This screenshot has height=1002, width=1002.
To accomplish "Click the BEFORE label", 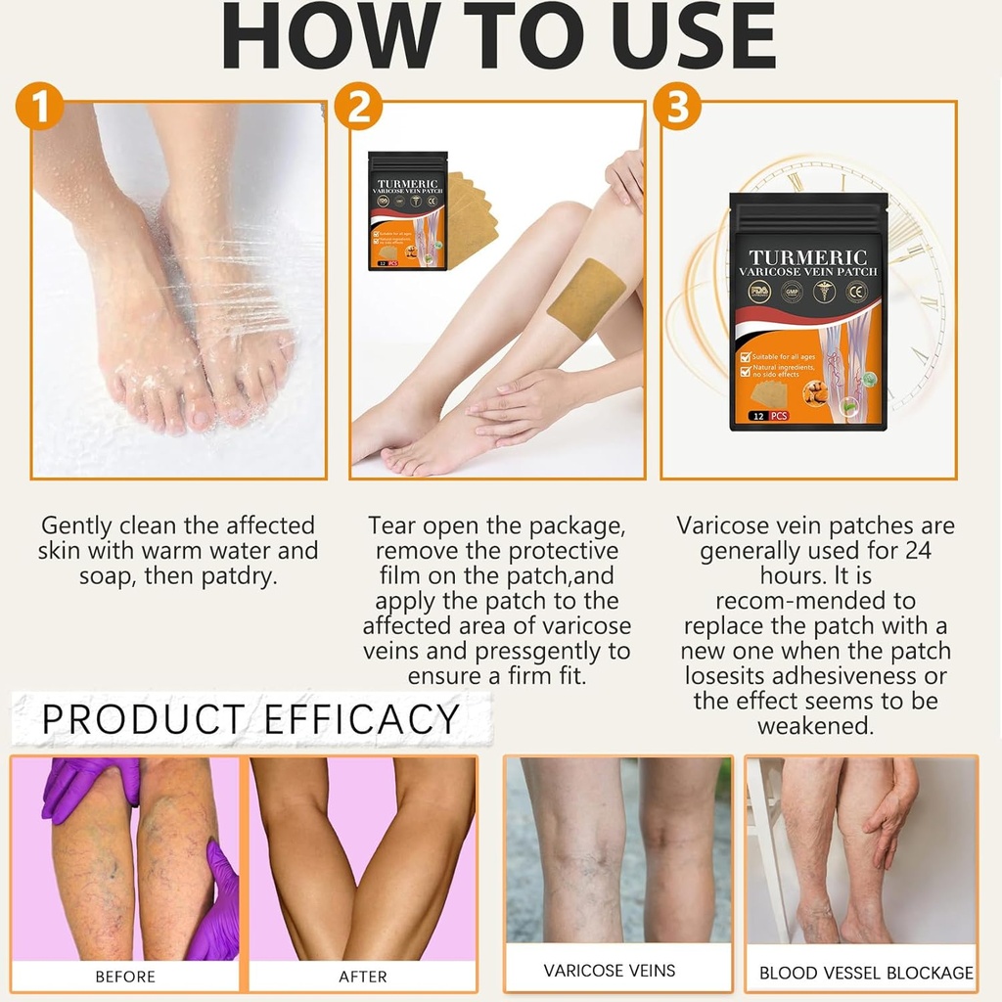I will point(125,977).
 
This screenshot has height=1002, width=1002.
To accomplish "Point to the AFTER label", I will point(362,977).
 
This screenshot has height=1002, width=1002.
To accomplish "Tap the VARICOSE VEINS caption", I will point(610,971).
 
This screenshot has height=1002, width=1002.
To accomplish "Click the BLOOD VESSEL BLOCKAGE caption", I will point(866,973).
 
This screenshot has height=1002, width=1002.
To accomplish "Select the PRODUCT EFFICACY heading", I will point(250,719).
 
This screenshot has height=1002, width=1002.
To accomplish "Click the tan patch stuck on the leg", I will point(585,299).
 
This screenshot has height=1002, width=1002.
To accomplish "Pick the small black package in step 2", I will point(408,210).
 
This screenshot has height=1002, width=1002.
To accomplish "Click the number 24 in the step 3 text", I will point(912,551).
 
